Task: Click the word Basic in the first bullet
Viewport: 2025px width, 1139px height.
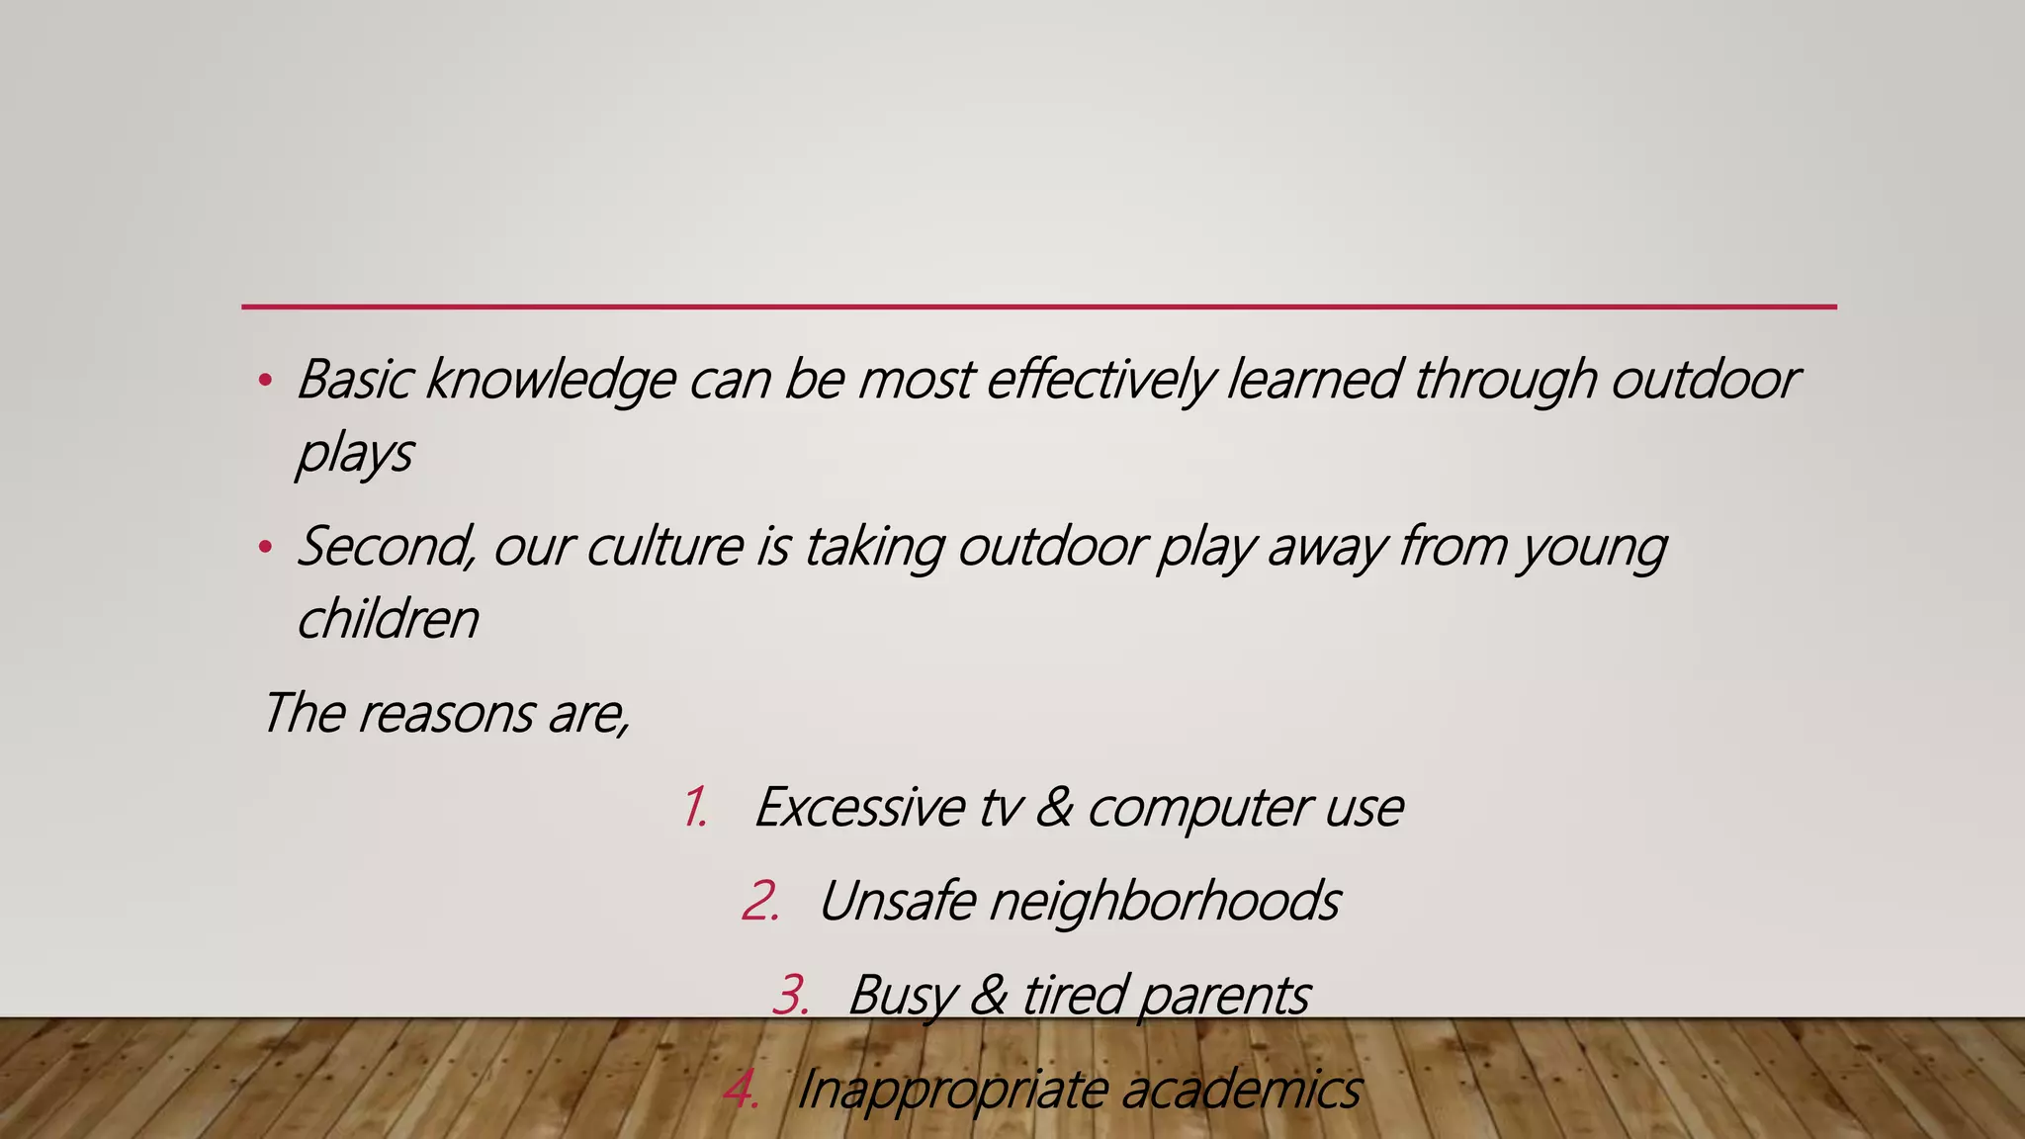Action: pyautogui.click(x=354, y=380)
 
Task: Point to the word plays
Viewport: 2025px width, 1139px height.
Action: pyautogui.click(x=354, y=456)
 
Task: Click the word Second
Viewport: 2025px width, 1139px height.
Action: pyautogui.click(x=387, y=547)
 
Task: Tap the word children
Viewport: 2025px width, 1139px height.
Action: pyautogui.click(x=388, y=620)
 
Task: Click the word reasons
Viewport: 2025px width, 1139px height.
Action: pyautogui.click(x=446, y=714)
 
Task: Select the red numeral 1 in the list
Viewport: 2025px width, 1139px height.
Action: pyautogui.click(x=694, y=808)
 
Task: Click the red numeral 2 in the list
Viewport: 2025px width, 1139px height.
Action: pyautogui.click(x=759, y=902)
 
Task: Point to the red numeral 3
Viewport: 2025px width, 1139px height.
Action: pyautogui.click(x=790, y=996)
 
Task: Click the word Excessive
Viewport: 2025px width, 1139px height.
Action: pyautogui.click(x=858, y=808)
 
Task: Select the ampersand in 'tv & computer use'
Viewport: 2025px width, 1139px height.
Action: pyautogui.click(x=1054, y=808)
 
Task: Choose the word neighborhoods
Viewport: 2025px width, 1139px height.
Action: pyautogui.click(x=1165, y=902)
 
